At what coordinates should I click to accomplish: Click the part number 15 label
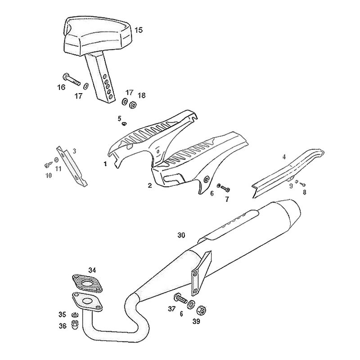tap(138, 30)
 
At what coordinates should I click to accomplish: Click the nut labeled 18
tap(133, 105)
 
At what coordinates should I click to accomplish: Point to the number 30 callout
tap(181, 235)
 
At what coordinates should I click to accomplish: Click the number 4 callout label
tap(284, 157)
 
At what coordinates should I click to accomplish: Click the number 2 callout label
tap(150, 185)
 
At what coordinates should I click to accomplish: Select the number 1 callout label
tap(105, 164)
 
